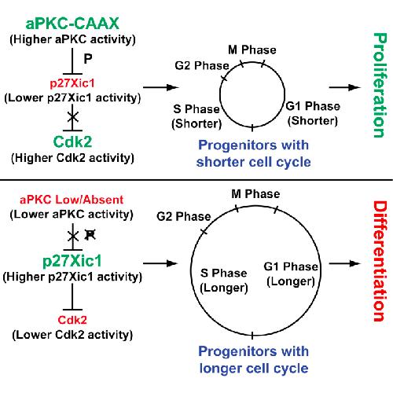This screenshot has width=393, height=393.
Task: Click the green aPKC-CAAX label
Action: (x=72, y=24)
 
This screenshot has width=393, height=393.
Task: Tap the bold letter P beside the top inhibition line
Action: (x=88, y=58)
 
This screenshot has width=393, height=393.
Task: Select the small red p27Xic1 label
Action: (x=72, y=83)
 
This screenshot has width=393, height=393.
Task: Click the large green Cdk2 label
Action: (x=72, y=141)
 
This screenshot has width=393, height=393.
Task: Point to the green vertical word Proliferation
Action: (x=380, y=85)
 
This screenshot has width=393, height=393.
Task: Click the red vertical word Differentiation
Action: (x=380, y=261)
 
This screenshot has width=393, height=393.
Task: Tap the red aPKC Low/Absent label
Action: (x=72, y=200)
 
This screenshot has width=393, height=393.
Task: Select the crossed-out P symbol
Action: (x=90, y=235)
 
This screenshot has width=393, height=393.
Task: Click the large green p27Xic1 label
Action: (x=72, y=261)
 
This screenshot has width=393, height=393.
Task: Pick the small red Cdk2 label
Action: (x=72, y=320)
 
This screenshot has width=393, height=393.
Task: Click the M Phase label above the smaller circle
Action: (x=252, y=50)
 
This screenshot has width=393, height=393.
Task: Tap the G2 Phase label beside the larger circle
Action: (x=184, y=216)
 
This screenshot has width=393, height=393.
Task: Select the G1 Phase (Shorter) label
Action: (x=313, y=113)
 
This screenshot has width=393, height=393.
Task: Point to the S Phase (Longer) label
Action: (x=224, y=281)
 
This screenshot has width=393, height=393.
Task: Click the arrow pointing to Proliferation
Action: (x=345, y=87)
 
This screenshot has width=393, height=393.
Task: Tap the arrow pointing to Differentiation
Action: (x=345, y=263)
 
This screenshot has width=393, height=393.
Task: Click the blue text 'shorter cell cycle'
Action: (x=254, y=162)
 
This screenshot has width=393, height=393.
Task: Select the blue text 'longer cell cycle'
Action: (x=254, y=369)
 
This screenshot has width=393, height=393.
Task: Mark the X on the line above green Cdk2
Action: (x=73, y=116)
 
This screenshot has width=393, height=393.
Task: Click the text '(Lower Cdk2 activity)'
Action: (x=72, y=335)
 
